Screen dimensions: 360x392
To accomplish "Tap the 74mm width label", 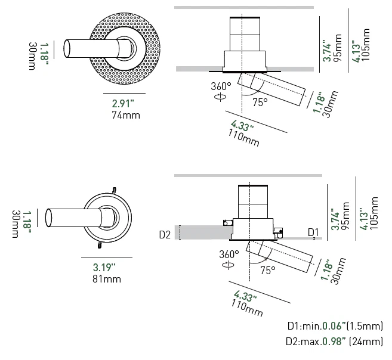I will click(x=125, y=114).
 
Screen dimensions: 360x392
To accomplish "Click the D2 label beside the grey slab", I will click(x=165, y=234).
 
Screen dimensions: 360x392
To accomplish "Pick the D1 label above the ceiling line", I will click(x=313, y=231).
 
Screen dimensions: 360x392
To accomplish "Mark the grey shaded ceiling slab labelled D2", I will click(x=200, y=232).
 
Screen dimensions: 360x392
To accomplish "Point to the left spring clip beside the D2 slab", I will click(x=226, y=224).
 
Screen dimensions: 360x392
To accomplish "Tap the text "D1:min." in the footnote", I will click(x=304, y=326).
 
